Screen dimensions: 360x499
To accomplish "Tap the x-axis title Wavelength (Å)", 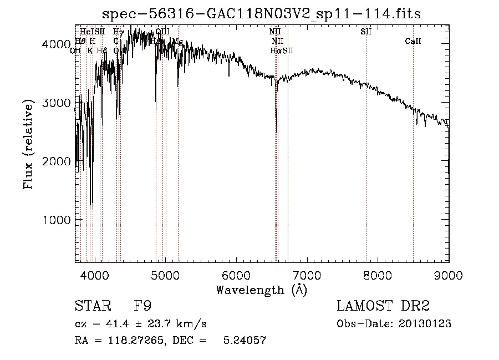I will click(x=261, y=290).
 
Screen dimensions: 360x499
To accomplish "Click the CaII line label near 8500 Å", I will click(x=413, y=41).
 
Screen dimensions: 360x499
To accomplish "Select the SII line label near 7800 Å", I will click(x=366, y=32).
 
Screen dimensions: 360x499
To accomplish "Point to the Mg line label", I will click(x=178, y=41).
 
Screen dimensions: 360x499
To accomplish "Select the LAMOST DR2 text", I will click(x=383, y=307).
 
